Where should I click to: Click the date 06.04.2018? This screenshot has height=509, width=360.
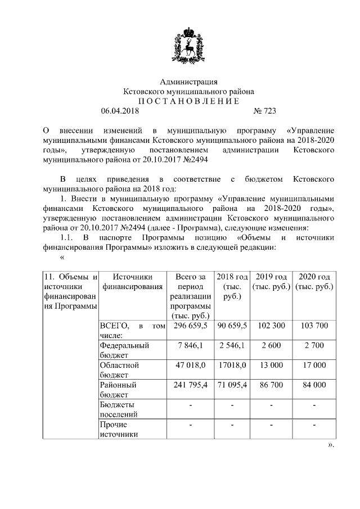120,111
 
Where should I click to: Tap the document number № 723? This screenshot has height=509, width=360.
265,111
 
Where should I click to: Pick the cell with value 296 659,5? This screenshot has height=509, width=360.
191,326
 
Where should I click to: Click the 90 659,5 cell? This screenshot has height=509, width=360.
232,326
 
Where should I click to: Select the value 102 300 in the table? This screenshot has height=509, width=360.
271,326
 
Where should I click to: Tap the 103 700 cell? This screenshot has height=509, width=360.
314,326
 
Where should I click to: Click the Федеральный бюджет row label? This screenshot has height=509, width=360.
124,350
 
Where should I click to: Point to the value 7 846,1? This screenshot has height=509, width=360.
191,345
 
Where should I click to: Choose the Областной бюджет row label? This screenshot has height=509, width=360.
119,370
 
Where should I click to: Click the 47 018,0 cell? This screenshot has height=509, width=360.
191,365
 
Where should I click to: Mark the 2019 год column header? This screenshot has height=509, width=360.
271,281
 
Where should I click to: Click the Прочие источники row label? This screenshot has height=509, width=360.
115,429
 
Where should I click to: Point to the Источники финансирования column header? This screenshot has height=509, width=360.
133,281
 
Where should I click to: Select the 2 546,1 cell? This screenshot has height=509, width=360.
232,345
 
